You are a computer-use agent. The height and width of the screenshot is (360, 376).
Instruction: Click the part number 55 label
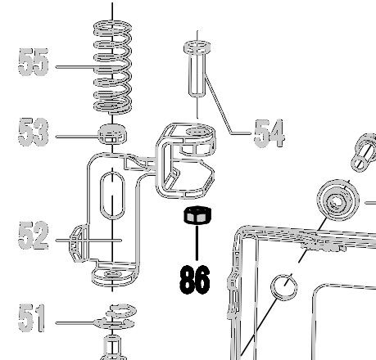[34, 62]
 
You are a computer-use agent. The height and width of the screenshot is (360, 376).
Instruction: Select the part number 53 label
[34, 132]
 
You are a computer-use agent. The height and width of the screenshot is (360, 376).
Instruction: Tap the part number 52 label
[34, 236]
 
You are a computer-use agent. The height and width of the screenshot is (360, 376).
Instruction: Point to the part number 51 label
[31, 318]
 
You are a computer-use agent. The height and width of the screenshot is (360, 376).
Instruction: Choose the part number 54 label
[270, 133]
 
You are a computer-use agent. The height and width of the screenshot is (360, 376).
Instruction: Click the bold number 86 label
[195, 280]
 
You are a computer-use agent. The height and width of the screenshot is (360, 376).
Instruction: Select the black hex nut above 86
[197, 215]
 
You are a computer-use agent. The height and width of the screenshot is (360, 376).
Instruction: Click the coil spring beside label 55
[113, 67]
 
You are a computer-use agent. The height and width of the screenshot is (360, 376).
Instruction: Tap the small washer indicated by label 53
[112, 134]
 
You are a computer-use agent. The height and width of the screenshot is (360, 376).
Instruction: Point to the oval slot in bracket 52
[112, 196]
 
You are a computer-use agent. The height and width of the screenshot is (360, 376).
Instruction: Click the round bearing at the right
[338, 200]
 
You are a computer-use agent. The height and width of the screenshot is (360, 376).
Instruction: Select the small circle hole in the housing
[284, 287]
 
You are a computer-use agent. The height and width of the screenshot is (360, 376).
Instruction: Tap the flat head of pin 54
[197, 47]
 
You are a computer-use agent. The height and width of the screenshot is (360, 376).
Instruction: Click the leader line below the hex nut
[197, 242]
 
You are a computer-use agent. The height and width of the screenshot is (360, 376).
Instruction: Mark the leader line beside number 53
[77, 136]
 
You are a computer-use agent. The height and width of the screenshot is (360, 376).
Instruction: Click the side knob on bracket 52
[78, 243]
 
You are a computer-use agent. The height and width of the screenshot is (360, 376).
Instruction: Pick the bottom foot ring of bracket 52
[114, 276]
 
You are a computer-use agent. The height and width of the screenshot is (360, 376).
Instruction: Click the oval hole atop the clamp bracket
[198, 132]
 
